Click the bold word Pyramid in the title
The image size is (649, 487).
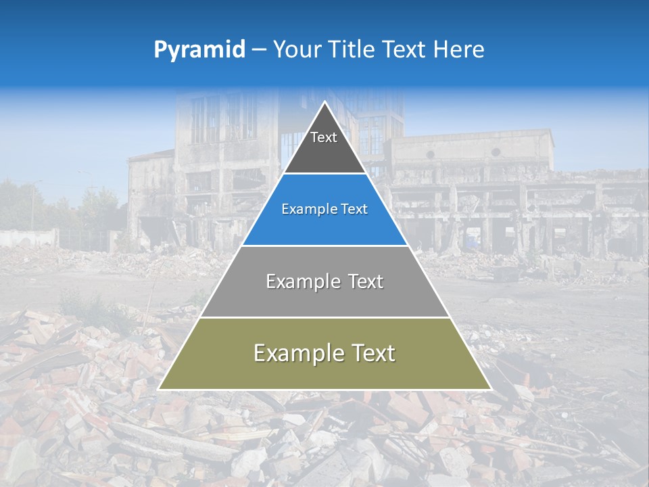[x=199, y=50]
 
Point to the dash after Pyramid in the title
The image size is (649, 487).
[x=259, y=50]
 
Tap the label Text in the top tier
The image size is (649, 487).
[x=324, y=137]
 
